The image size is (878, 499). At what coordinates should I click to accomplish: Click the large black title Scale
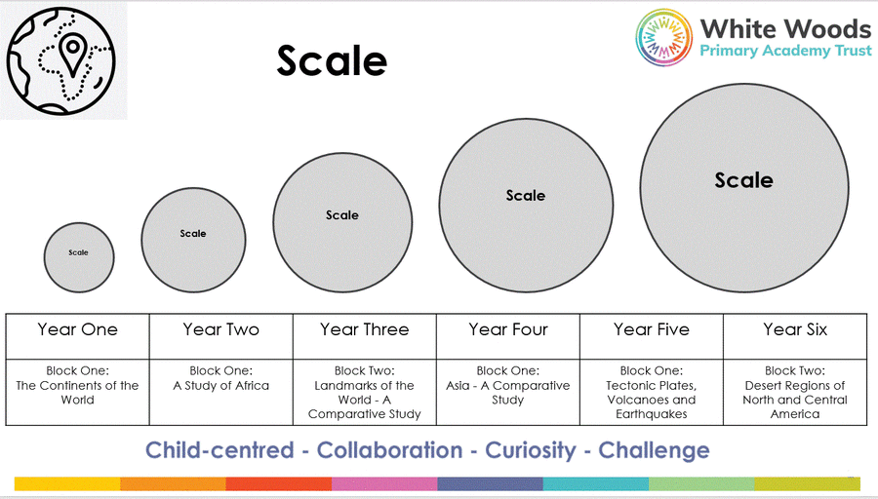(x=332, y=60)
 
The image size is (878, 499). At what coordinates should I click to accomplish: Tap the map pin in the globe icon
(x=73, y=55)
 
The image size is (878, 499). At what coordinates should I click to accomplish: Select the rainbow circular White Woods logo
(x=663, y=37)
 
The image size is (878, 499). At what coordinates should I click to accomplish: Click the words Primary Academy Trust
(x=785, y=51)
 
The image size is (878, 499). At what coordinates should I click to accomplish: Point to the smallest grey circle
(x=79, y=257)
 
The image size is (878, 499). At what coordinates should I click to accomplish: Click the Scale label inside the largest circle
(x=743, y=180)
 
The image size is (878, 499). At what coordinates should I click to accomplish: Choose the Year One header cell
(x=78, y=336)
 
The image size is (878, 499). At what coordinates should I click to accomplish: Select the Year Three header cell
(x=365, y=336)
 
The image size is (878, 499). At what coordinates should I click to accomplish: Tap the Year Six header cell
(x=795, y=336)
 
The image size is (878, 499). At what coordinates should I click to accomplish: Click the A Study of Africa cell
(x=221, y=392)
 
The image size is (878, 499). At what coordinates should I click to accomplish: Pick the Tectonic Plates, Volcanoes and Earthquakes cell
(x=652, y=392)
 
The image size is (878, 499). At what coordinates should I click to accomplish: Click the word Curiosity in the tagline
(x=531, y=450)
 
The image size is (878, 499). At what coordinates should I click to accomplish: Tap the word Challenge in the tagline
(x=654, y=450)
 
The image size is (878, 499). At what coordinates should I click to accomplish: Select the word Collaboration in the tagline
(x=389, y=450)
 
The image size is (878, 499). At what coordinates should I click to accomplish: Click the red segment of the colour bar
(x=279, y=484)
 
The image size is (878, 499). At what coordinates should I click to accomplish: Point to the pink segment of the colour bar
(x=384, y=484)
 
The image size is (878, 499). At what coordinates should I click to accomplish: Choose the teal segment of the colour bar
(x=596, y=484)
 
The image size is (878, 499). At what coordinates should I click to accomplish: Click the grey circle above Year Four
(x=526, y=206)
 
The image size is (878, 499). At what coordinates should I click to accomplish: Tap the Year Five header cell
(x=652, y=336)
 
